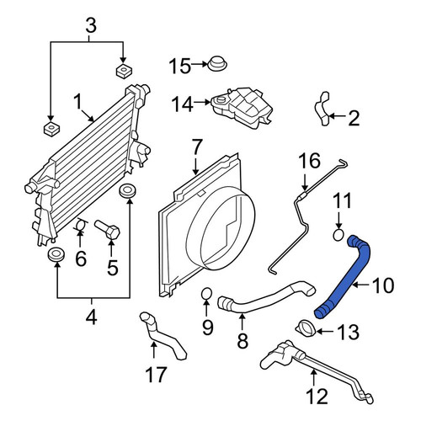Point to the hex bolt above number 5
(x=108, y=230)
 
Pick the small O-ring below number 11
(x=338, y=235)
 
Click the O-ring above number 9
(x=206, y=294)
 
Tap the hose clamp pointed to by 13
(x=306, y=328)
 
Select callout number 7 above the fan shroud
(x=196, y=148)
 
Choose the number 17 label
(x=156, y=375)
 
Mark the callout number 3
(x=91, y=26)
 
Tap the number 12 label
(x=317, y=397)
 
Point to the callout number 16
(x=309, y=161)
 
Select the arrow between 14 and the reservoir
(x=202, y=103)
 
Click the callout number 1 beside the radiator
(x=77, y=102)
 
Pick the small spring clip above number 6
(x=81, y=225)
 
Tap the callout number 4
(x=92, y=318)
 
